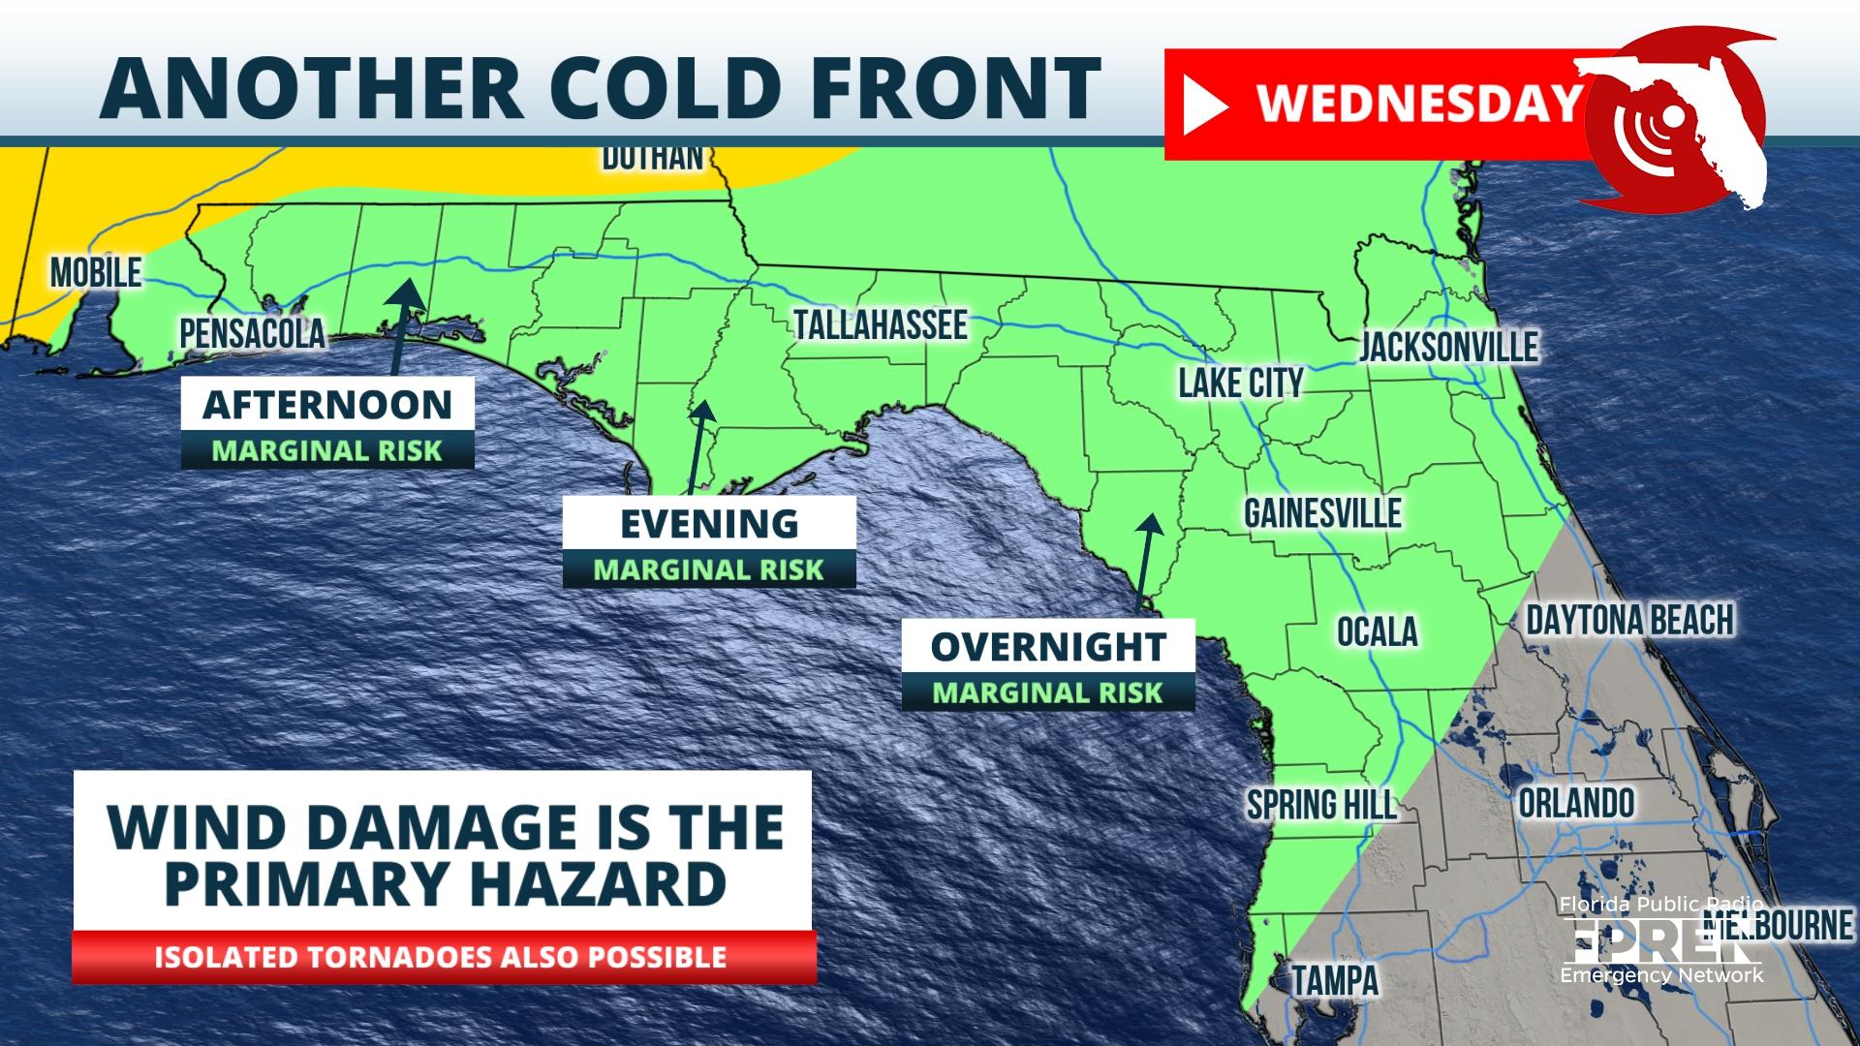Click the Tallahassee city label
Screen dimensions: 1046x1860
880,325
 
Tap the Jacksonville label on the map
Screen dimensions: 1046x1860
1448,347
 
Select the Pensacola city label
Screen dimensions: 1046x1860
252,334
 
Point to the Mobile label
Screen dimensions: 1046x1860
96,273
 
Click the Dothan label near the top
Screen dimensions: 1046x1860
652,157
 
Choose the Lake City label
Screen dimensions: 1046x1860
1240,384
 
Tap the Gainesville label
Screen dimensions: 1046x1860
1322,513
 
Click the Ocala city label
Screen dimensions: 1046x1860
1377,632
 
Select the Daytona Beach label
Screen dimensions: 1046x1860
1629,620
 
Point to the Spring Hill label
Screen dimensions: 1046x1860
1321,804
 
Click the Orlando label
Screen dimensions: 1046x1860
1576,803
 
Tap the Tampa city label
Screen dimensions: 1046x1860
1335,980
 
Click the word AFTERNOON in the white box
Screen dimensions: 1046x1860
327,404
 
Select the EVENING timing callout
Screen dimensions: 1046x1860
709,524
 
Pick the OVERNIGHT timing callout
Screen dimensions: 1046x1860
1047,647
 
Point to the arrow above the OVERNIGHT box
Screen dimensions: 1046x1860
1147,562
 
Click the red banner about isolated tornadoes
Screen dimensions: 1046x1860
442,957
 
